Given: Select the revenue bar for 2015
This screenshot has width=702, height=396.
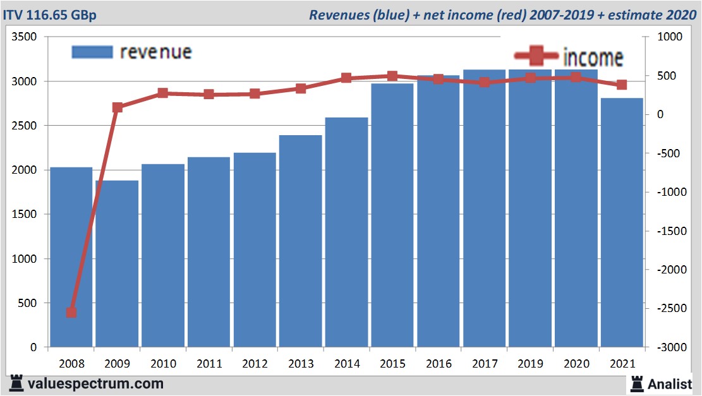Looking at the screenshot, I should (x=392, y=215).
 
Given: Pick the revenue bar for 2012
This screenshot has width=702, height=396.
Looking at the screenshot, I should (x=255, y=249).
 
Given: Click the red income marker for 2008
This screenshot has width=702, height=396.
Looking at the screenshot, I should (x=71, y=312).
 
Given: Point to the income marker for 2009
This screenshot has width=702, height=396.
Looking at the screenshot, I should (x=117, y=107).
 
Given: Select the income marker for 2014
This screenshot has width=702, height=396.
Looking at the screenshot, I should (x=346, y=78).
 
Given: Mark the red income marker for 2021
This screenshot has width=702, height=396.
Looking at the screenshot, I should (x=621, y=85).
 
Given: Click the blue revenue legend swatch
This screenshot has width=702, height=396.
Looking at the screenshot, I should (x=92, y=52).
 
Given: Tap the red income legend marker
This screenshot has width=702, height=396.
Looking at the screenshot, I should (x=536, y=56).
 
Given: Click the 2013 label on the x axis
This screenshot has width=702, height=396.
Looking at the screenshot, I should (x=300, y=364).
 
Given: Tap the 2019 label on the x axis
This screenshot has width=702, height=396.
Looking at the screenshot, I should (x=530, y=364).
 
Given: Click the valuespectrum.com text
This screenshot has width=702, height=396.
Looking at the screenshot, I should (x=95, y=383).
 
